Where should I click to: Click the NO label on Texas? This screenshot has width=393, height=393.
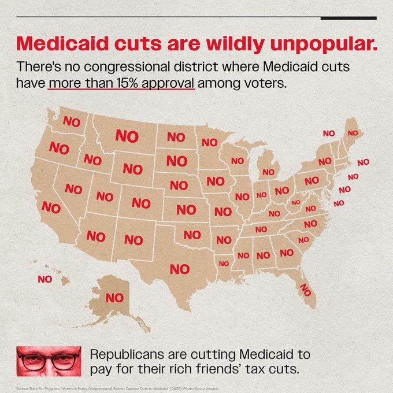point(179,269)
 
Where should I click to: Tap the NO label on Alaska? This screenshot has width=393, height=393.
point(114,298)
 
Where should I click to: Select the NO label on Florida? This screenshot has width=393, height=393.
point(305,290)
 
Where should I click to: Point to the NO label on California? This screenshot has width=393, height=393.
point(51,207)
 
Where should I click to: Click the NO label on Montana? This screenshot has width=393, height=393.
point(127,136)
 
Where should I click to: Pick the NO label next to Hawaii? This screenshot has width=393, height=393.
point(45,279)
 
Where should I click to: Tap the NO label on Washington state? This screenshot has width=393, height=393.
point(71,122)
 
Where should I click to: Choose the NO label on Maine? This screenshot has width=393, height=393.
point(353,133)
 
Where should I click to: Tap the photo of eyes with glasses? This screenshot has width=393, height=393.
point(49,361)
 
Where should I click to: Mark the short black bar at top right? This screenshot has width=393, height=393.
point(348,18)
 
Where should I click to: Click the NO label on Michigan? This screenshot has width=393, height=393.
point(268,172)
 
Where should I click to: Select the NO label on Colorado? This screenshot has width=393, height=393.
point(140,203)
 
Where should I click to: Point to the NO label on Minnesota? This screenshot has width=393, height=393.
point(209,142)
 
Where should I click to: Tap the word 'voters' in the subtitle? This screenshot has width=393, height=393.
point(263,83)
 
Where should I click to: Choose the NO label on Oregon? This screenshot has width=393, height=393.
point(59,147)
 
